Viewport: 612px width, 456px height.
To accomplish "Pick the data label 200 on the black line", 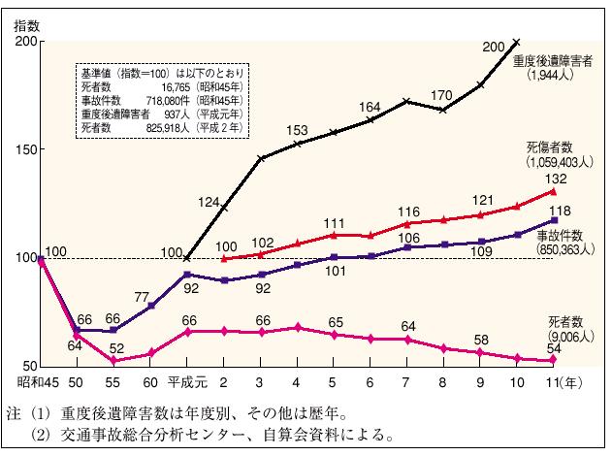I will [x=493, y=46].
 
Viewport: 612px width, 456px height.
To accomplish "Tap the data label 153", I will [x=297, y=130].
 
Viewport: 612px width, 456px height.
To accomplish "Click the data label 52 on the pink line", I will [x=116, y=346].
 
